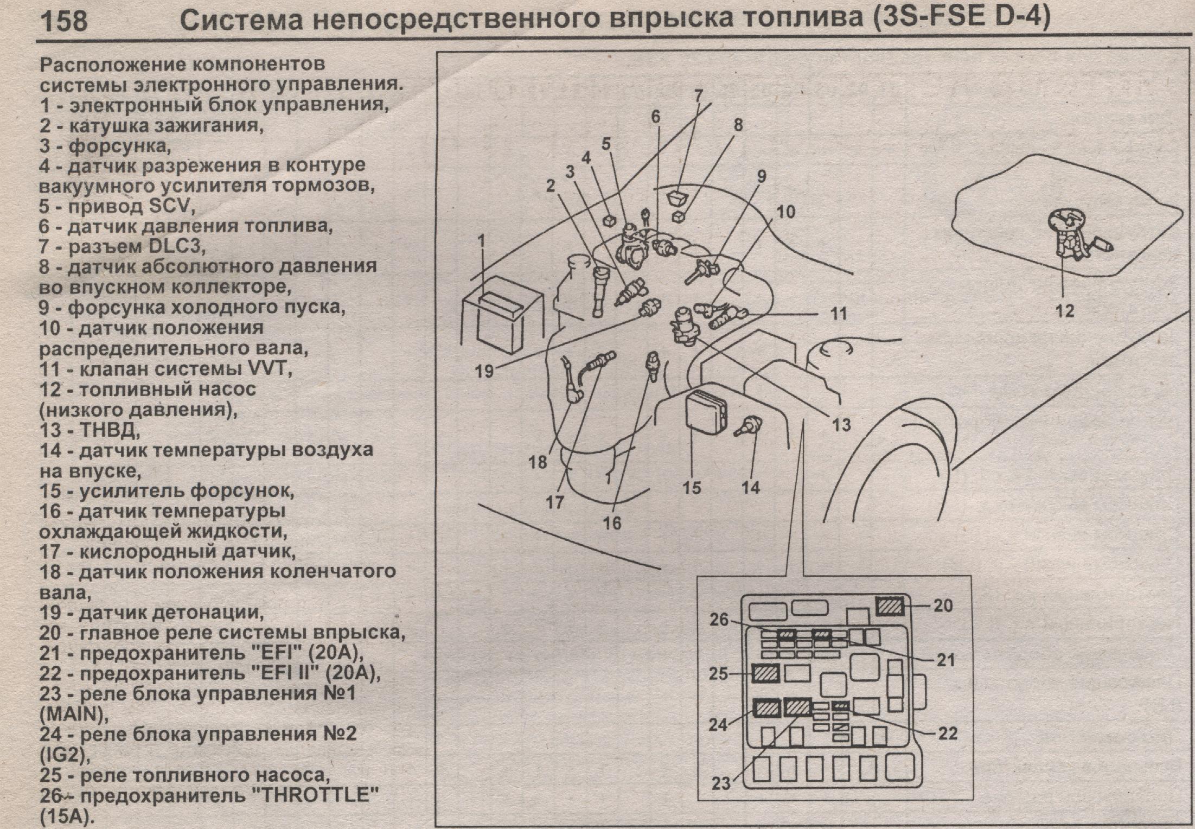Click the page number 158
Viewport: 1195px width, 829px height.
(63, 21)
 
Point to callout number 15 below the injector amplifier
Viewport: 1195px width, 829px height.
(692, 487)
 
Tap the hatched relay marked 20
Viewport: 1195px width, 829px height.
(890, 605)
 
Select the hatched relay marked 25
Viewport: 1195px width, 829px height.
(766, 674)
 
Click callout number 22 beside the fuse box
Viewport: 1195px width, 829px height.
(948, 734)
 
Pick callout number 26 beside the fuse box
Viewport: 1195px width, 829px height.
(719, 619)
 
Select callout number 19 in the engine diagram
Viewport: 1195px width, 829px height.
(484, 372)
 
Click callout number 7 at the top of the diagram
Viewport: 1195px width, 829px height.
(699, 96)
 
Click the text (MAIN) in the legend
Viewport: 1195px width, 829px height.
(73, 715)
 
